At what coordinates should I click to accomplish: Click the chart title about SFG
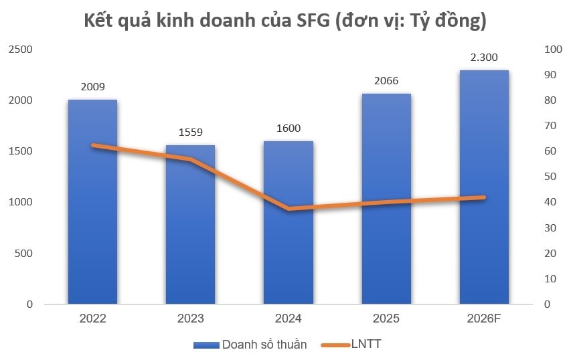[x=284, y=20]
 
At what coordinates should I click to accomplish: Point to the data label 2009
[x=92, y=87]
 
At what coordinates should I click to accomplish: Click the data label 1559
[x=191, y=132]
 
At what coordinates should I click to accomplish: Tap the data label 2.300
[x=484, y=58]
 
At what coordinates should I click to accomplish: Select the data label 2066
[x=386, y=81]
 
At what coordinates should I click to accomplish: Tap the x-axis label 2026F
[x=484, y=319]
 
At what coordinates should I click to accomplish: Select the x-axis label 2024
[x=289, y=319]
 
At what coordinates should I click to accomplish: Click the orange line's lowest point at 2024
[x=289, y=209]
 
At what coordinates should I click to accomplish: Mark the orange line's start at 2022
[x=92, y=145]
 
